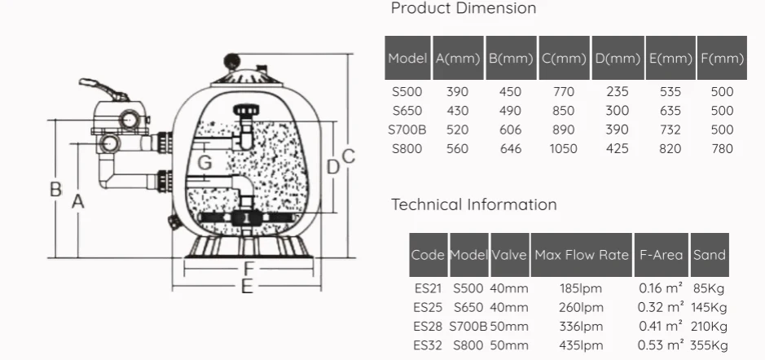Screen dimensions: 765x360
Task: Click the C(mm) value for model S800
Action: tap(563, 149)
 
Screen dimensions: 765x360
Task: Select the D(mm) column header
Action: tap(618, 59)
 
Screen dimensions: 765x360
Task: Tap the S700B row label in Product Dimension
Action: tap(407, 130)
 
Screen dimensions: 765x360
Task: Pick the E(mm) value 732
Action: tap(670, 130)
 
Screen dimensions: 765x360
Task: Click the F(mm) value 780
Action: tap(722, 149)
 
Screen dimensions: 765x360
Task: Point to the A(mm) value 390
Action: tap(457, 92)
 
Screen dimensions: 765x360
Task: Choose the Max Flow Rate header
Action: tap(582, 255)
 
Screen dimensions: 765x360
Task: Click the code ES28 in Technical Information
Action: tap(428, 327)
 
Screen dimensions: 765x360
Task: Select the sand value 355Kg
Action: tap(709, 346)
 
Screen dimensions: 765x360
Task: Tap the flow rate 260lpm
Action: tap(581, 308)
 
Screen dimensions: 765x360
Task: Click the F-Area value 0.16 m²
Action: tap(661, 288)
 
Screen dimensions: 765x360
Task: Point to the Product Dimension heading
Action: tap(464, 8)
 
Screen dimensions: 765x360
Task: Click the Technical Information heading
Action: tap(473, 204)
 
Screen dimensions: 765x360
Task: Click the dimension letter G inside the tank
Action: tap(205, 162)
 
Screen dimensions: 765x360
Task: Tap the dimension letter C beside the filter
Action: tap(349, 156)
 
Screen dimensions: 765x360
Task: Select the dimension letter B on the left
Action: tap(56, 189)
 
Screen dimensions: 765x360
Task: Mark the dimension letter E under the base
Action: tap(247, 287)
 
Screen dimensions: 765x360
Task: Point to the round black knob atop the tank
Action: tap(231, 61)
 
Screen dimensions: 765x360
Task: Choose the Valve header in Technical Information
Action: tap(509, 255)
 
